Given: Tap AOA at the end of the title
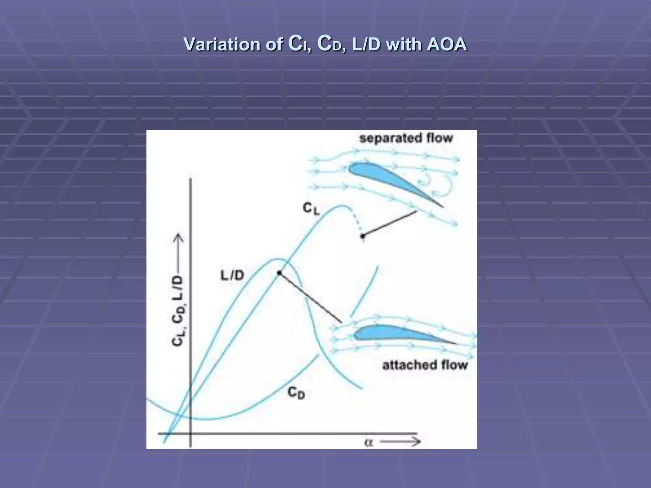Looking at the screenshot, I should (x=447, y=44).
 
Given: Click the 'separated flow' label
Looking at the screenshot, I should (x=406, y=138).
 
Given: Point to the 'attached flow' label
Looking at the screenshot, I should (x=425, y=365).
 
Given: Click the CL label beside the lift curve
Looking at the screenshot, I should (x=311, y=209).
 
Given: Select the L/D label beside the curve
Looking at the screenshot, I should (x=232, y=275).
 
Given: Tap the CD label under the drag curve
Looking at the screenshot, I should (x=296, y=393).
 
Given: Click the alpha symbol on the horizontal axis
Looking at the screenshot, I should (x=368, y=442).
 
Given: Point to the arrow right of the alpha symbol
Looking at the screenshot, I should (x=401, y=442).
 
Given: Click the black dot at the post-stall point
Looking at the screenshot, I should (x=363, y=236).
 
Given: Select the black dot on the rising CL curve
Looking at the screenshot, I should (x=279, y=273).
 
